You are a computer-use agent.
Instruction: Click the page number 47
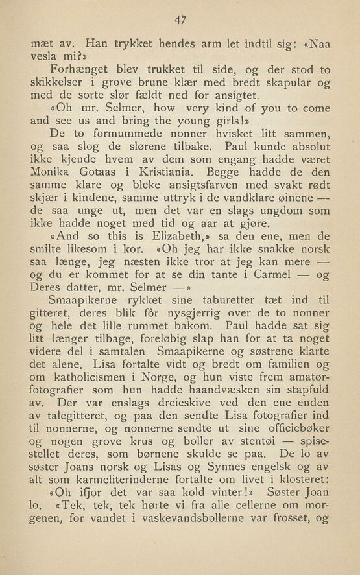tap(180, 20)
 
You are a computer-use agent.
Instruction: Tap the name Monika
tap(53, 172)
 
